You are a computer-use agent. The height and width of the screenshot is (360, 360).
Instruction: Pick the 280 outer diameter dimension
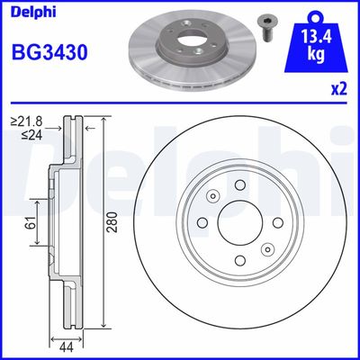tap(112, 221)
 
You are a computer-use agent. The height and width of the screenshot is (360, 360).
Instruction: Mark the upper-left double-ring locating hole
tap(211, 197)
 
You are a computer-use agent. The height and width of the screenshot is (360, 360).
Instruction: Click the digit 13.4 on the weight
tap(316, 38)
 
